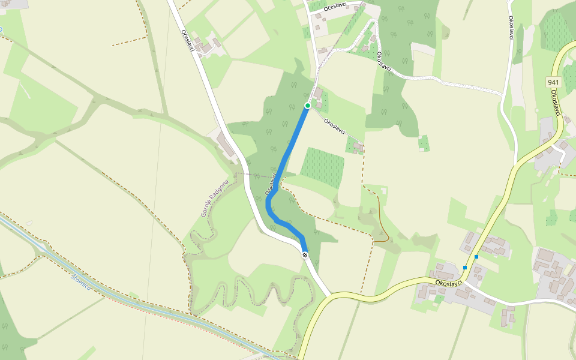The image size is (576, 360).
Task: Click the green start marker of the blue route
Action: point(308,106)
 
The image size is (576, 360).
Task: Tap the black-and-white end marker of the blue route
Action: point(305,255)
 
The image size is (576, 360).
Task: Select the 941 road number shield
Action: point(553,81)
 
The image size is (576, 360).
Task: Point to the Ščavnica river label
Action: point(81,283)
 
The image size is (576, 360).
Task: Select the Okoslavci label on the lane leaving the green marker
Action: point(334,126)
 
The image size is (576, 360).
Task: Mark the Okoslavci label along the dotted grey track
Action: point(384,61)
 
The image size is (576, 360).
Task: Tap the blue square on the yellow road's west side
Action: point(465,268)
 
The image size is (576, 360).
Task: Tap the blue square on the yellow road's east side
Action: point(477,257)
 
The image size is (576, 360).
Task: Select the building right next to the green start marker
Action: point(318,94)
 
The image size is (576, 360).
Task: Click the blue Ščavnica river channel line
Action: point(120,293)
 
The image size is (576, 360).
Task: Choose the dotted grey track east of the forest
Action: point(456,82)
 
